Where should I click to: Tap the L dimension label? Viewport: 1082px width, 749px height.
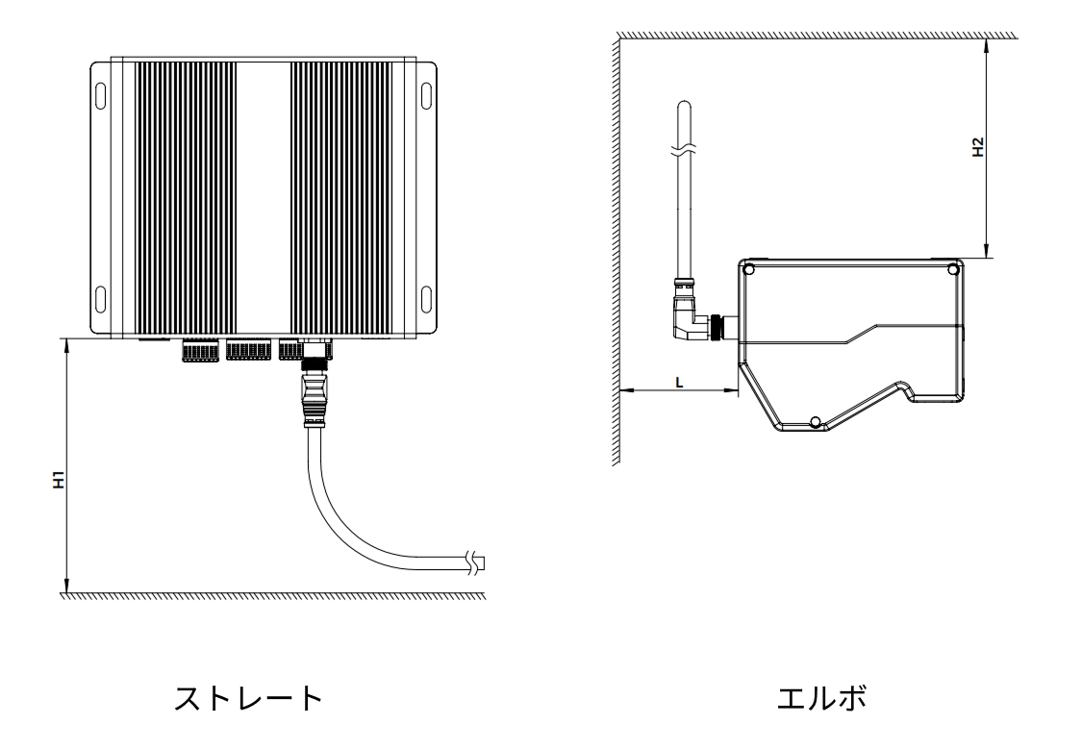pyautogui.click(x=680, y=381)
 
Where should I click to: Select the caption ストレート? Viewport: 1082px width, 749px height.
pyautogui.click(x=248, y=698)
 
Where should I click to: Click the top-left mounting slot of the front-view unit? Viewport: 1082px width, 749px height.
pyautogui.click(x=101, y=96)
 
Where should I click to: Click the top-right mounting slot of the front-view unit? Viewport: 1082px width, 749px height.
pyautogui.click(x=427, y=96)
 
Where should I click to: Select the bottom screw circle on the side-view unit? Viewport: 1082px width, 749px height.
pyautogui.click(x=815, y=422)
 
